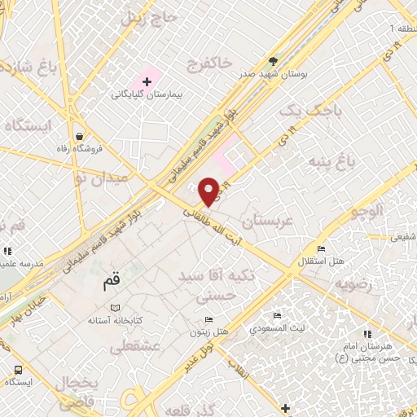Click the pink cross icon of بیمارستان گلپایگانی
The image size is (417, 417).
click(147, 81)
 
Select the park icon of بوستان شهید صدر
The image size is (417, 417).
click(274, 61)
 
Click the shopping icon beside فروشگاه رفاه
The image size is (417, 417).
click(80, 136)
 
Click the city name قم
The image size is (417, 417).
click(111, 284)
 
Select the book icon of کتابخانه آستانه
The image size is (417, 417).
click(116, 308)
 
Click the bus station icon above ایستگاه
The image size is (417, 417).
click(18, 368)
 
